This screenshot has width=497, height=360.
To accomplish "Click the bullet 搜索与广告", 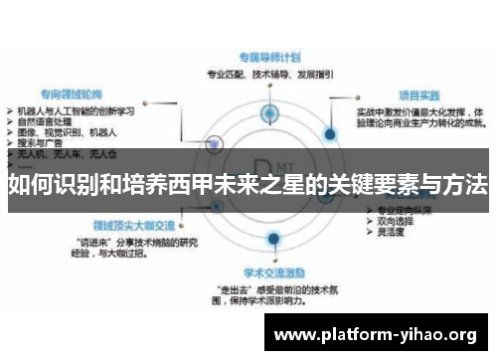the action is click(x=44, y=140).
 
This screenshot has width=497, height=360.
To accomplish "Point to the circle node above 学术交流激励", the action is click(x=271, y=241).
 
